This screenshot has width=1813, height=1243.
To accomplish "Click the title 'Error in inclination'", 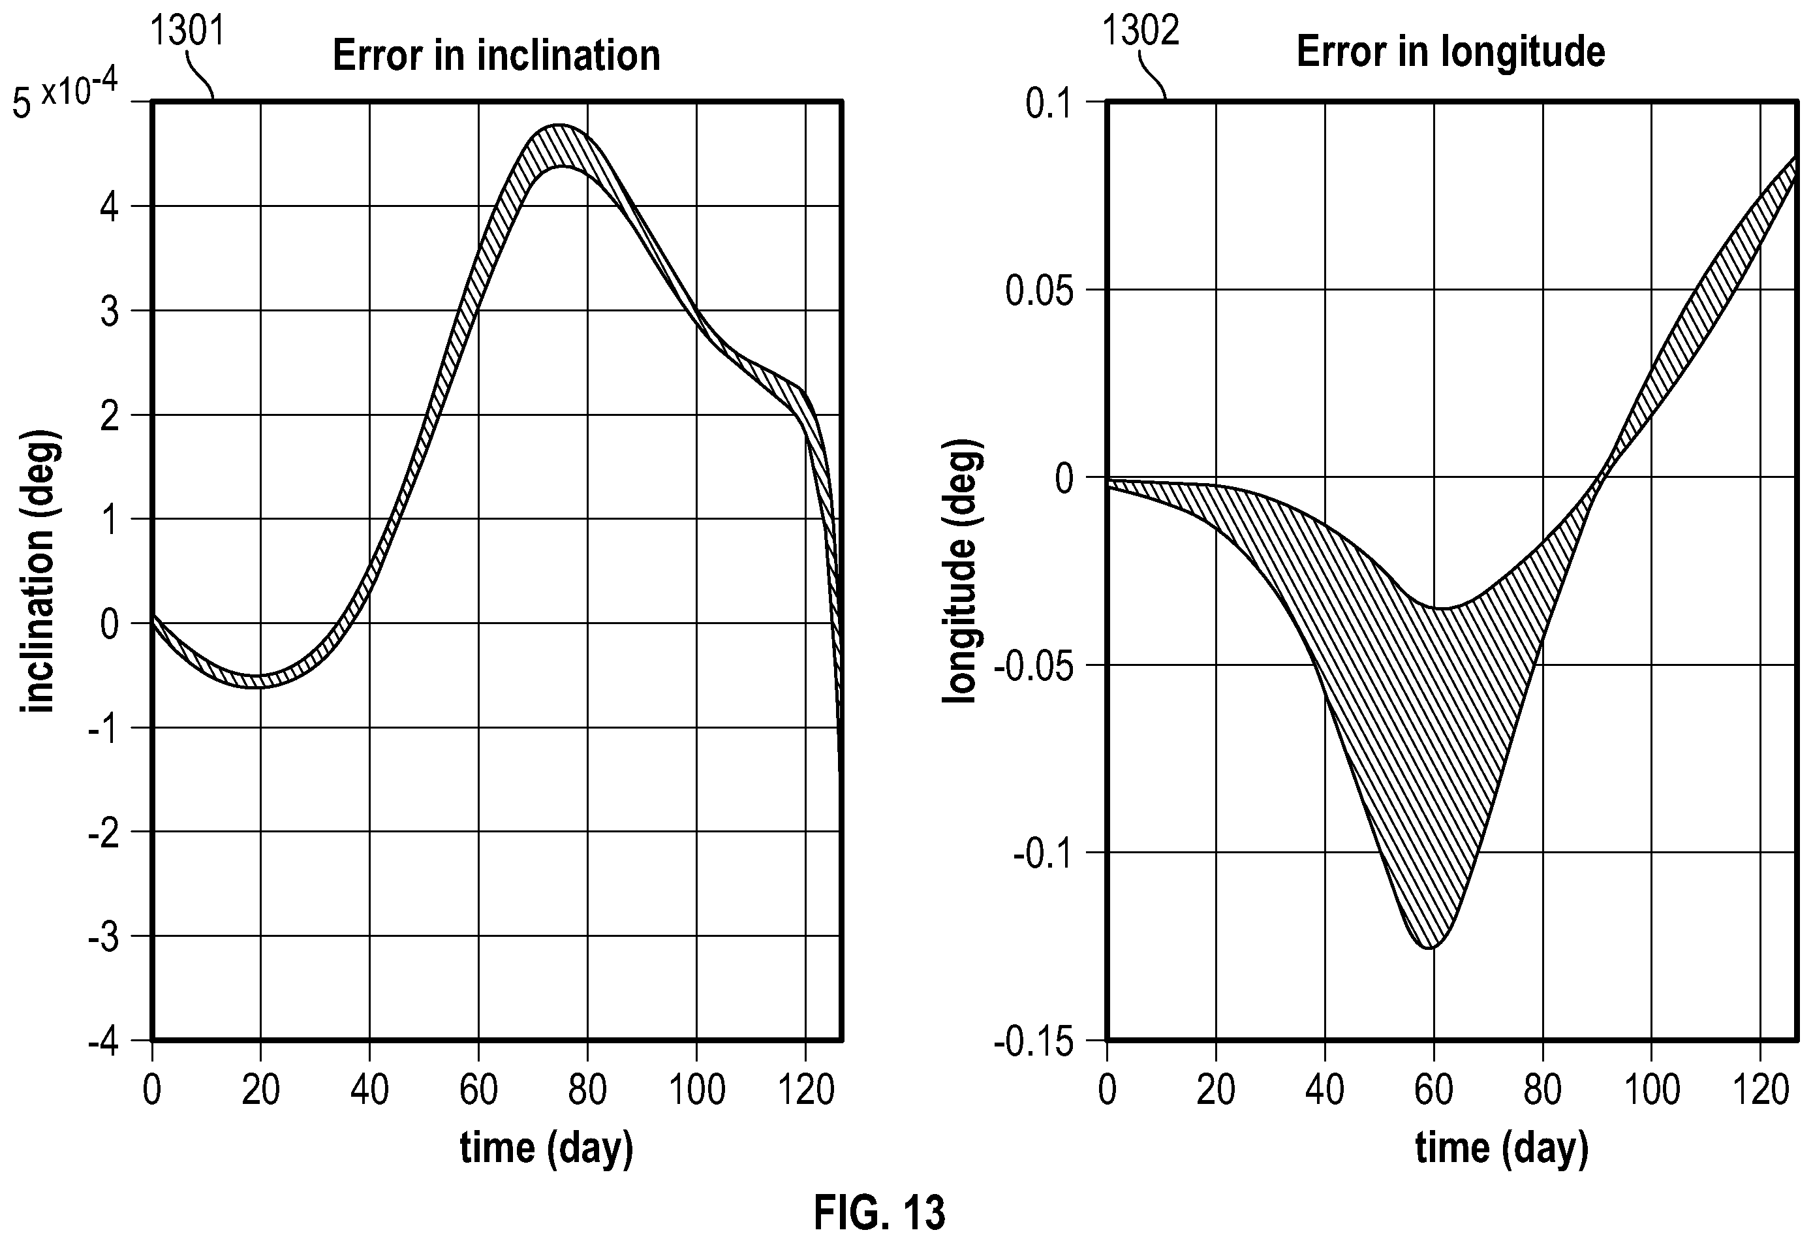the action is [x=496, y=55].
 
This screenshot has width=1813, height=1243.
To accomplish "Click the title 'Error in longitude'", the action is [x=1451, y=52].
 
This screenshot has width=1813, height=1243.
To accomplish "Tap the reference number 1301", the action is [x=187, y=32].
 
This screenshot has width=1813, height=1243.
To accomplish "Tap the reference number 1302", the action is [x=1141, y=32].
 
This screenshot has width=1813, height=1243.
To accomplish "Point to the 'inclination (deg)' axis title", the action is [x=39, y=571].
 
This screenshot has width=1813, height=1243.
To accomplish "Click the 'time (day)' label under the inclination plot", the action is [x=546, y=1148].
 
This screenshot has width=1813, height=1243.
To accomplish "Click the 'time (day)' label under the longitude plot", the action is [x=1502, y=1148].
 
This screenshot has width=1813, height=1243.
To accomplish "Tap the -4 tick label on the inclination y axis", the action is [x=104, y=1043].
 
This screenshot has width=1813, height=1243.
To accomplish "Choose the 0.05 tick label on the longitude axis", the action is [x=1040, y=292].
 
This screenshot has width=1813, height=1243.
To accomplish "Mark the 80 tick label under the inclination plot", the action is [x=587, y=1090].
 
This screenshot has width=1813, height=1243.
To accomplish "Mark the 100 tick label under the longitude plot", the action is [x=1652, y=1090].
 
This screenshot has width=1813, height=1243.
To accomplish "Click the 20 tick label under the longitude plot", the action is [x=1215, y=1090].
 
